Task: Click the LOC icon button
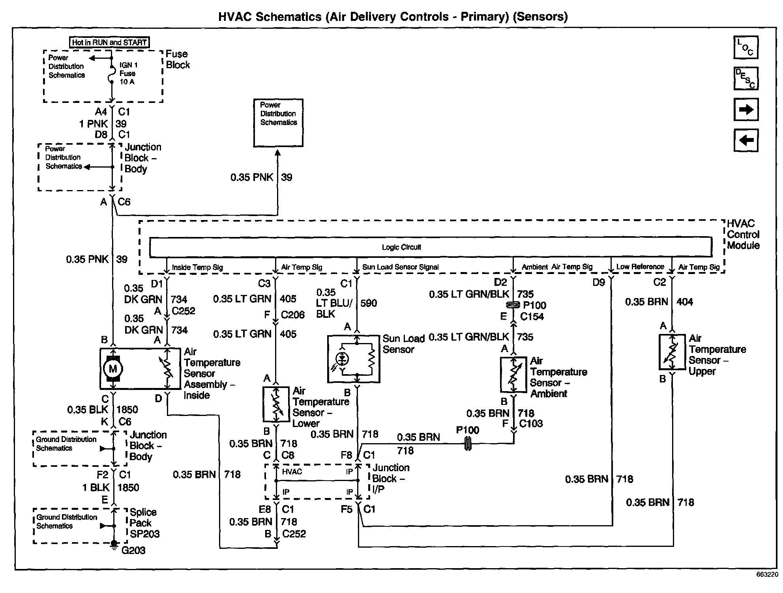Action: [746, 47]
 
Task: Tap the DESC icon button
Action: [746, 78]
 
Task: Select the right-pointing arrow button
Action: [746, 109]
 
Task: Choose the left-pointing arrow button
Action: [746, 140]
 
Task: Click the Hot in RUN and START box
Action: [109, 42]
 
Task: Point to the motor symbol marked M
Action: [113, 369]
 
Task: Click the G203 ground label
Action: [133, 550]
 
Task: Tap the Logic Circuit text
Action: [401, 247]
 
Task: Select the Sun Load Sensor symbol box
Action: [354, 359]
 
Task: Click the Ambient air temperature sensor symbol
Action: [513, 375]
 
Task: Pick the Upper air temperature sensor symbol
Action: [672, 352]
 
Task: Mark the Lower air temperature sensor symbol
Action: [276, 404]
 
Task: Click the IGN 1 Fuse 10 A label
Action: [128, 73]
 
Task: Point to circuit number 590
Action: [369, 303]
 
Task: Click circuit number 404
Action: [685, 302]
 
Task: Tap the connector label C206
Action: [293, 315]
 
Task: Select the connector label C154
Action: [532, 316]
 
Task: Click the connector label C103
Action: [531, 423]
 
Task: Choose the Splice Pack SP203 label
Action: [144, 523]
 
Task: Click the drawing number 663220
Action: [767, 575]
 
